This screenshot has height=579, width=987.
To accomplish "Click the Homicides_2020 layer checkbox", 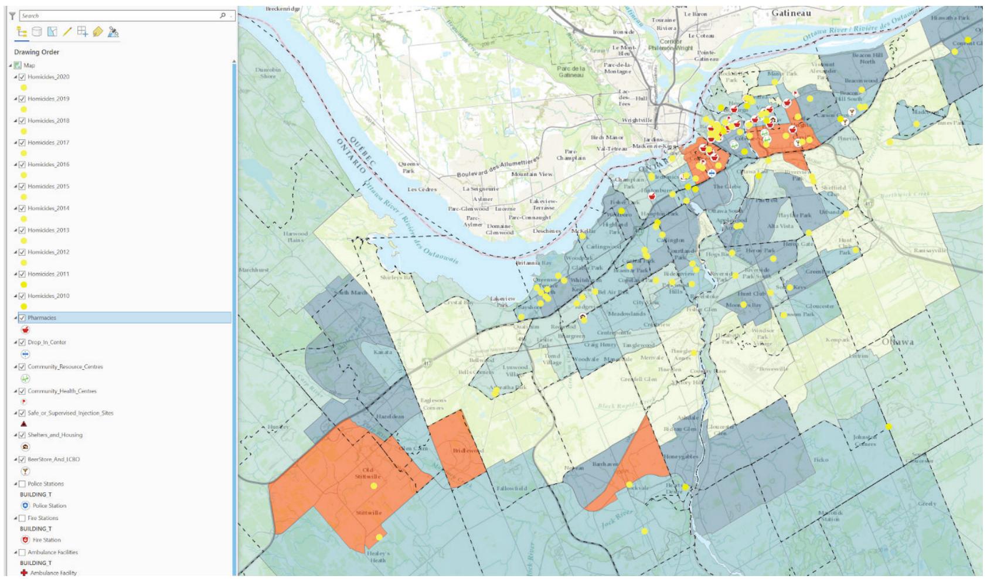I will tap(22, 77).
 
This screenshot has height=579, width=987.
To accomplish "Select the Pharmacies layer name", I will tap(42, 318).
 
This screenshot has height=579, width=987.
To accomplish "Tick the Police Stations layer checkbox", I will tap(22, 484).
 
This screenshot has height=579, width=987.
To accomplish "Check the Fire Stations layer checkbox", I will tap(22, 518).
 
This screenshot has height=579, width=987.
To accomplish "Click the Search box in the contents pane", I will tap(117, 16).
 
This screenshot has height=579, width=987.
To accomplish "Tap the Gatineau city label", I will tap(792, 12).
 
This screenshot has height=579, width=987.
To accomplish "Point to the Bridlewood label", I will tap(468, 451).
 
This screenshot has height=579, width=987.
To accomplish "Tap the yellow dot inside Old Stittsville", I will tap(374, 486).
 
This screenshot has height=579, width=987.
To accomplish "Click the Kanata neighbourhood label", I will tap(384, 353).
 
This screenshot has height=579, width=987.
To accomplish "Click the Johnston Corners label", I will tap(865, 440).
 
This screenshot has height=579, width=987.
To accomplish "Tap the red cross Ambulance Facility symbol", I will tap(24, 573).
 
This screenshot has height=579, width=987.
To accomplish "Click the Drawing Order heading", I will tap(36, 52).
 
